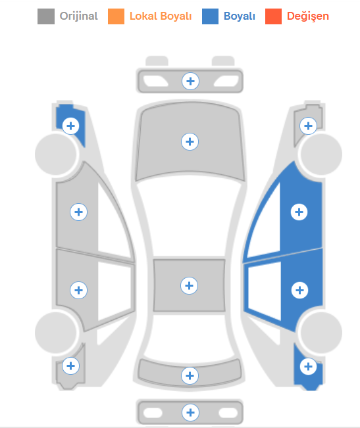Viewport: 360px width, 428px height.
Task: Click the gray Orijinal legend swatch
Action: [46, 16]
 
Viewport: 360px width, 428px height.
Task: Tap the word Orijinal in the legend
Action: [79, 16]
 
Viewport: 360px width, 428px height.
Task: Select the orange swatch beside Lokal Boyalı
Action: [116, 16]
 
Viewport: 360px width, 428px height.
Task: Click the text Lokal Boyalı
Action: [161, 16]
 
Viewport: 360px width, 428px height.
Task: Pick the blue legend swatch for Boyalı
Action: [210, 16]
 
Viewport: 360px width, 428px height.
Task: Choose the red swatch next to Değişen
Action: [273, 16]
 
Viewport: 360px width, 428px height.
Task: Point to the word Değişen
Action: [308, 16]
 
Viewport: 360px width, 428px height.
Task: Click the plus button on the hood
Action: [190, 141]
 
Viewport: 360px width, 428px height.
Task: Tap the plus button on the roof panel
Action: [189, 285]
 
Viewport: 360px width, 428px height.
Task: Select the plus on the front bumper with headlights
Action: [190, 81]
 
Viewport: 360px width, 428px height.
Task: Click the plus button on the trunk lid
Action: [190, 375]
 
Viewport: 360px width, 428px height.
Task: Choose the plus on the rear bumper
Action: [190, 412]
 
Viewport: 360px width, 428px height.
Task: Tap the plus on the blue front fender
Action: [70, 126]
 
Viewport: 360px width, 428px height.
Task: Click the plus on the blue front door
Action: [299, 212]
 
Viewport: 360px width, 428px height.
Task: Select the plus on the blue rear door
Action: [299, 290]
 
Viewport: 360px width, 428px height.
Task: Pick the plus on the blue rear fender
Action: [309, 366]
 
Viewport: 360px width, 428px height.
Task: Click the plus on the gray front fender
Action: [309, 126]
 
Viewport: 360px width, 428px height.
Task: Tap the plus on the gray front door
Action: [79, 212]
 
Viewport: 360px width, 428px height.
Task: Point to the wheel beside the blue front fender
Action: [56, 155]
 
